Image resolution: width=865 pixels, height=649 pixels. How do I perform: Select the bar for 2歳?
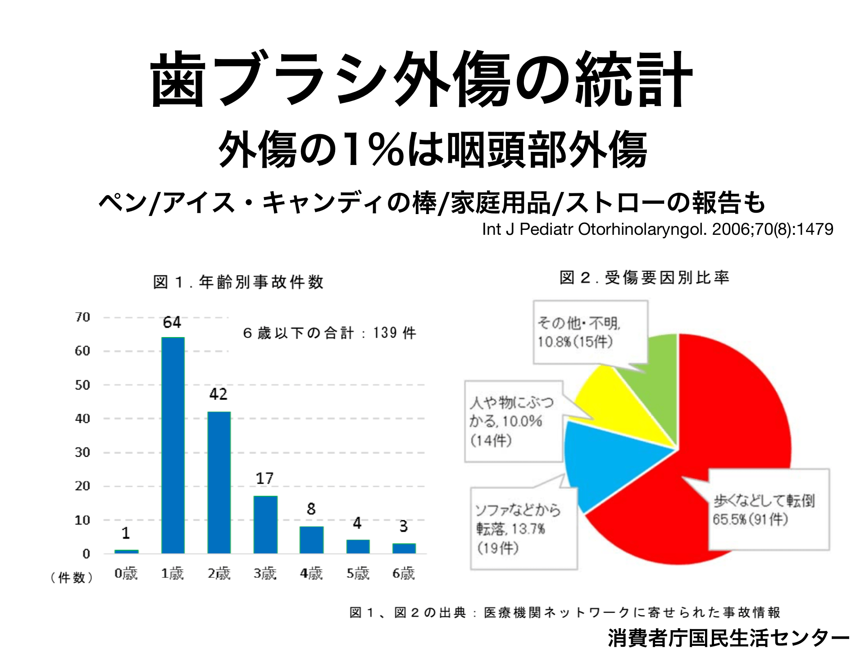tap(219, 482)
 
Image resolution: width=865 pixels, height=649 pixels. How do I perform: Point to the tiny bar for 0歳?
tap(127, 551)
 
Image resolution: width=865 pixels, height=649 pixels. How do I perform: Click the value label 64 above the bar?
tap(172, 322)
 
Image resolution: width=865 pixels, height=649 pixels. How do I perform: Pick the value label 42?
tap(219, 394)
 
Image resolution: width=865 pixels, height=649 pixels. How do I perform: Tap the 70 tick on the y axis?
tap(83, 317)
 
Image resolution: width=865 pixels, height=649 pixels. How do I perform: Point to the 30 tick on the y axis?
tap(83, 452)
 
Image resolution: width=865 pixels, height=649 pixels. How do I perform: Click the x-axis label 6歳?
tap(403, 574)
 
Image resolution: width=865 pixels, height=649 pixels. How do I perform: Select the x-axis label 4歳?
tap(311, 574)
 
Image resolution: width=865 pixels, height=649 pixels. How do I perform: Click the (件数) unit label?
tap(72, 577)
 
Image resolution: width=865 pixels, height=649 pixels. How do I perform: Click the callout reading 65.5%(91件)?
tap(769, 510)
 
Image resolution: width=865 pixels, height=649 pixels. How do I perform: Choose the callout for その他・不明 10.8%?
tap(590, 333)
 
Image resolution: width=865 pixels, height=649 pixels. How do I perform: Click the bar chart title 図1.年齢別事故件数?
tap(238, 282)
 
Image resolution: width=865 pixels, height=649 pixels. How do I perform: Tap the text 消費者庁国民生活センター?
tap(728, 637)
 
